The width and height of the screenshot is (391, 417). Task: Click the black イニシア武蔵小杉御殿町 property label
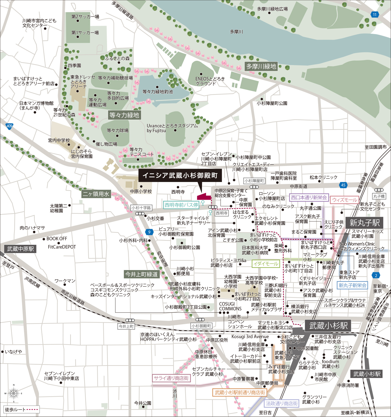pyautogui.click(x=180, y=175)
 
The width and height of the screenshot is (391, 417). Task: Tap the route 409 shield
pyautogui.click(x=9, y=126)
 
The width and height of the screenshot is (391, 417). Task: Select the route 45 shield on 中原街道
pyautogui.click(x=343, y=185)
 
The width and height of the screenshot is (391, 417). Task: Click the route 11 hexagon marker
pyautogui.click(x=374, y=15)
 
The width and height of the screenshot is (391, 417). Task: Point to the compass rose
pyautogui.click(x=14, y=393)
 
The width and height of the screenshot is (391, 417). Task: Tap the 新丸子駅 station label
pyautogui.click(x=364, y=223)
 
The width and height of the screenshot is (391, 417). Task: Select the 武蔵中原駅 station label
pyautogui.click(x=21, y=249)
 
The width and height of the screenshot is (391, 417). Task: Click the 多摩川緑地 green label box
pyautogui.click(x=261, y=66)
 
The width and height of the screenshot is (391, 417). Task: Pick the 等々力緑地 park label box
pyautogui.click(x=124, y=115)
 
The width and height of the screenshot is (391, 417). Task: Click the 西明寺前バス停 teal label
pyautogui.click(x=181, y=205)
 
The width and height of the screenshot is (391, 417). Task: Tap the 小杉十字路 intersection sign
pyautogui.click(x=141, y=208)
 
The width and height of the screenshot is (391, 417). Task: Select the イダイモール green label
pyautogui.click(x=266, y=264)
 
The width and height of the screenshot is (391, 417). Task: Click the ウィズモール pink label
pyautogui.click(x=344, y=200)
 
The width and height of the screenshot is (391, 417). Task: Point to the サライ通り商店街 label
pyautogui.click(x=171, y=378)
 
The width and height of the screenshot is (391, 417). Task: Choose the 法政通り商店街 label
pyautogui.click(x=282, y=403)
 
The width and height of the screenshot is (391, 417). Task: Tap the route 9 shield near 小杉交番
pyautogui.click(x=149, y=232)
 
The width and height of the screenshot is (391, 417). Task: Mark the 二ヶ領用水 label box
pyautogui.click(x=96, y=194)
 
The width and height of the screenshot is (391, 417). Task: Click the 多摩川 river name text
pyautogui.click(x=236, y=32)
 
